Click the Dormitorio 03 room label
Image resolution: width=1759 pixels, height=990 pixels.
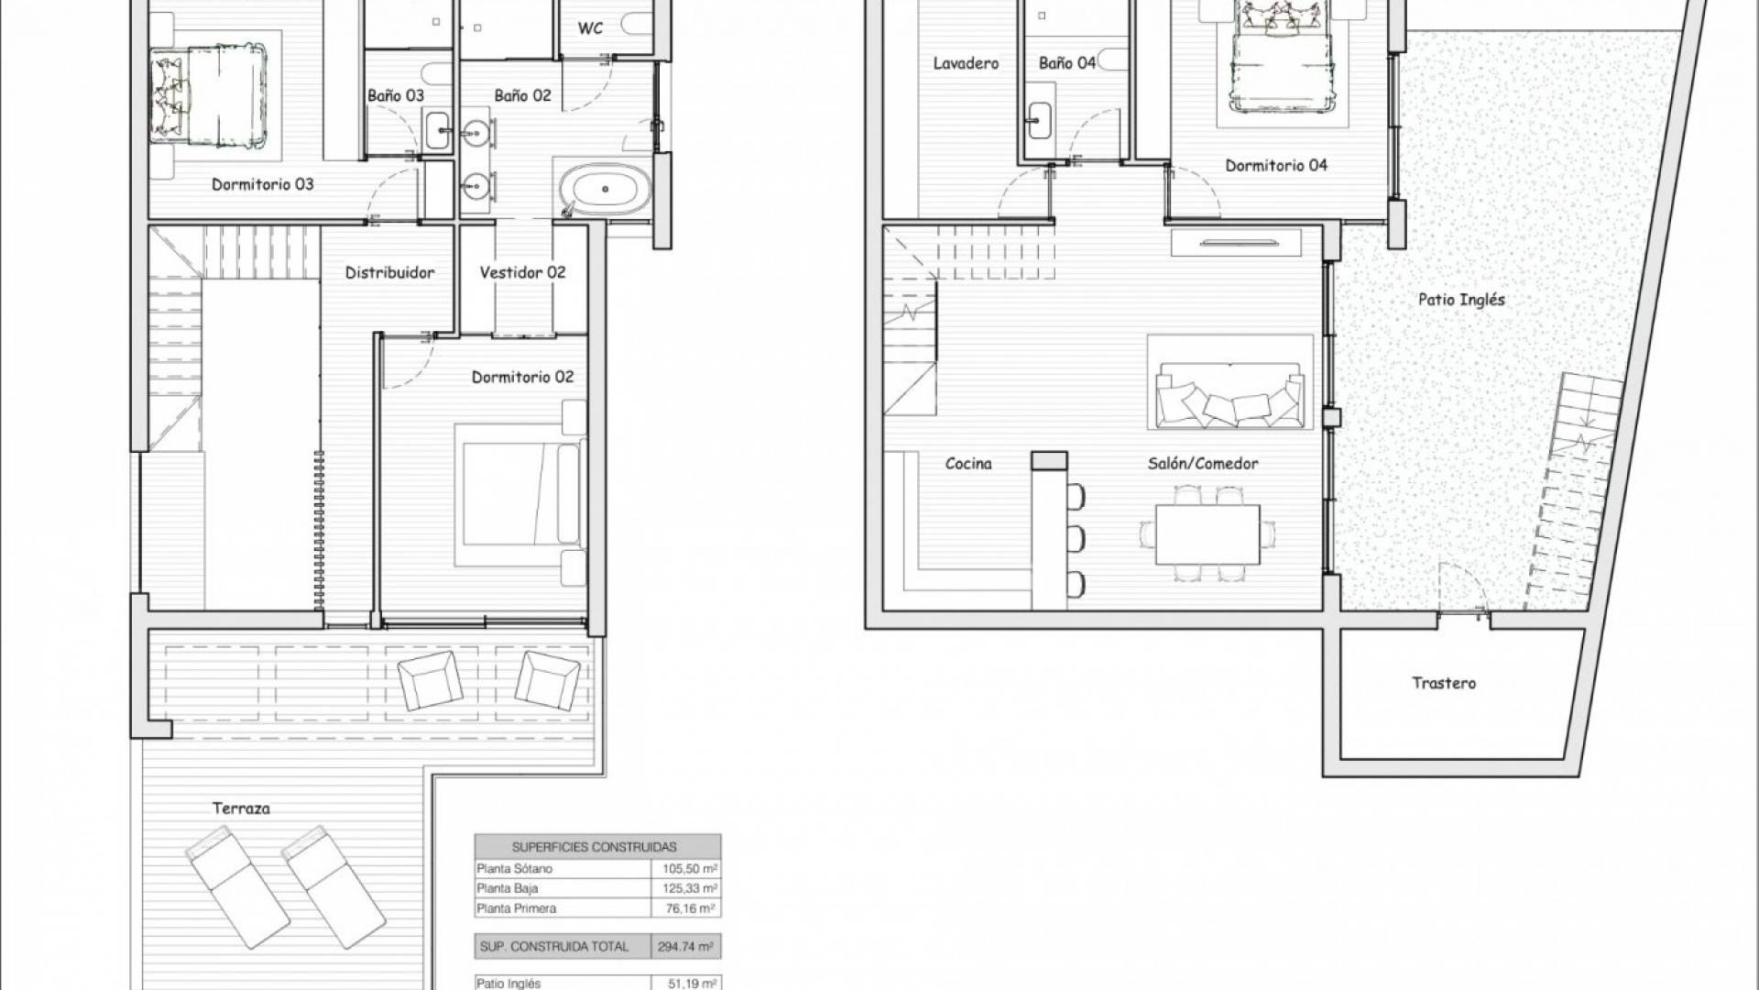[x=262, y=184]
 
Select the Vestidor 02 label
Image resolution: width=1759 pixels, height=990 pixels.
[x=522, y=272]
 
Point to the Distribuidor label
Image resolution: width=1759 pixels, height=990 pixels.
[x=389, y=272]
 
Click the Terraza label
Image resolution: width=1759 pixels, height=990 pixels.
[x=241, y=808]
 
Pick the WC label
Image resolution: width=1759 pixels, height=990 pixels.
[x=591, y=27]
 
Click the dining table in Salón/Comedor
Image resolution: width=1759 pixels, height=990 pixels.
[x=1207, y=533]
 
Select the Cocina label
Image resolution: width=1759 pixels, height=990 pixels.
[x=968, y=464]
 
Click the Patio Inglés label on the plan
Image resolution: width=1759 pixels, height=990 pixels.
[x=1461, y=300]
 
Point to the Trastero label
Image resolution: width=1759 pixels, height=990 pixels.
[x=1444, y=683]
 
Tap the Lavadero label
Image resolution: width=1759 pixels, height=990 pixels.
[x=966, y=63]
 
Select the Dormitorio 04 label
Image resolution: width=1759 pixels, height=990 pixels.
[x=1276, y=166]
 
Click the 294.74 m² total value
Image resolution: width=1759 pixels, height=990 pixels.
[x=685, y=947]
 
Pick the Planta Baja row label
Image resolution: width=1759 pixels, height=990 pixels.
[x=508, y=888]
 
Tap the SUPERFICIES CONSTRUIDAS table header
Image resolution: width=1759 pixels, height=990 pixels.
[x=595, y=847]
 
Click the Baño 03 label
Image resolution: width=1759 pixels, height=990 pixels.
[x=396, y=95]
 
